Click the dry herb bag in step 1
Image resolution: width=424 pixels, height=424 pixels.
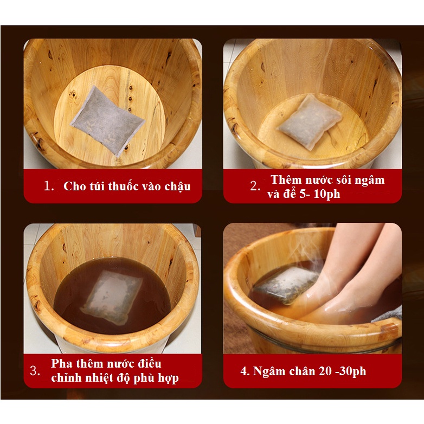107,121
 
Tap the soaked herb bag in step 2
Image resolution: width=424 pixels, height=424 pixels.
310,122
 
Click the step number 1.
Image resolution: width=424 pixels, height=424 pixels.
49,186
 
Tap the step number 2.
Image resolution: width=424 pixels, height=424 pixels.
255,186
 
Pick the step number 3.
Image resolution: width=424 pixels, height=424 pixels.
35,371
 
